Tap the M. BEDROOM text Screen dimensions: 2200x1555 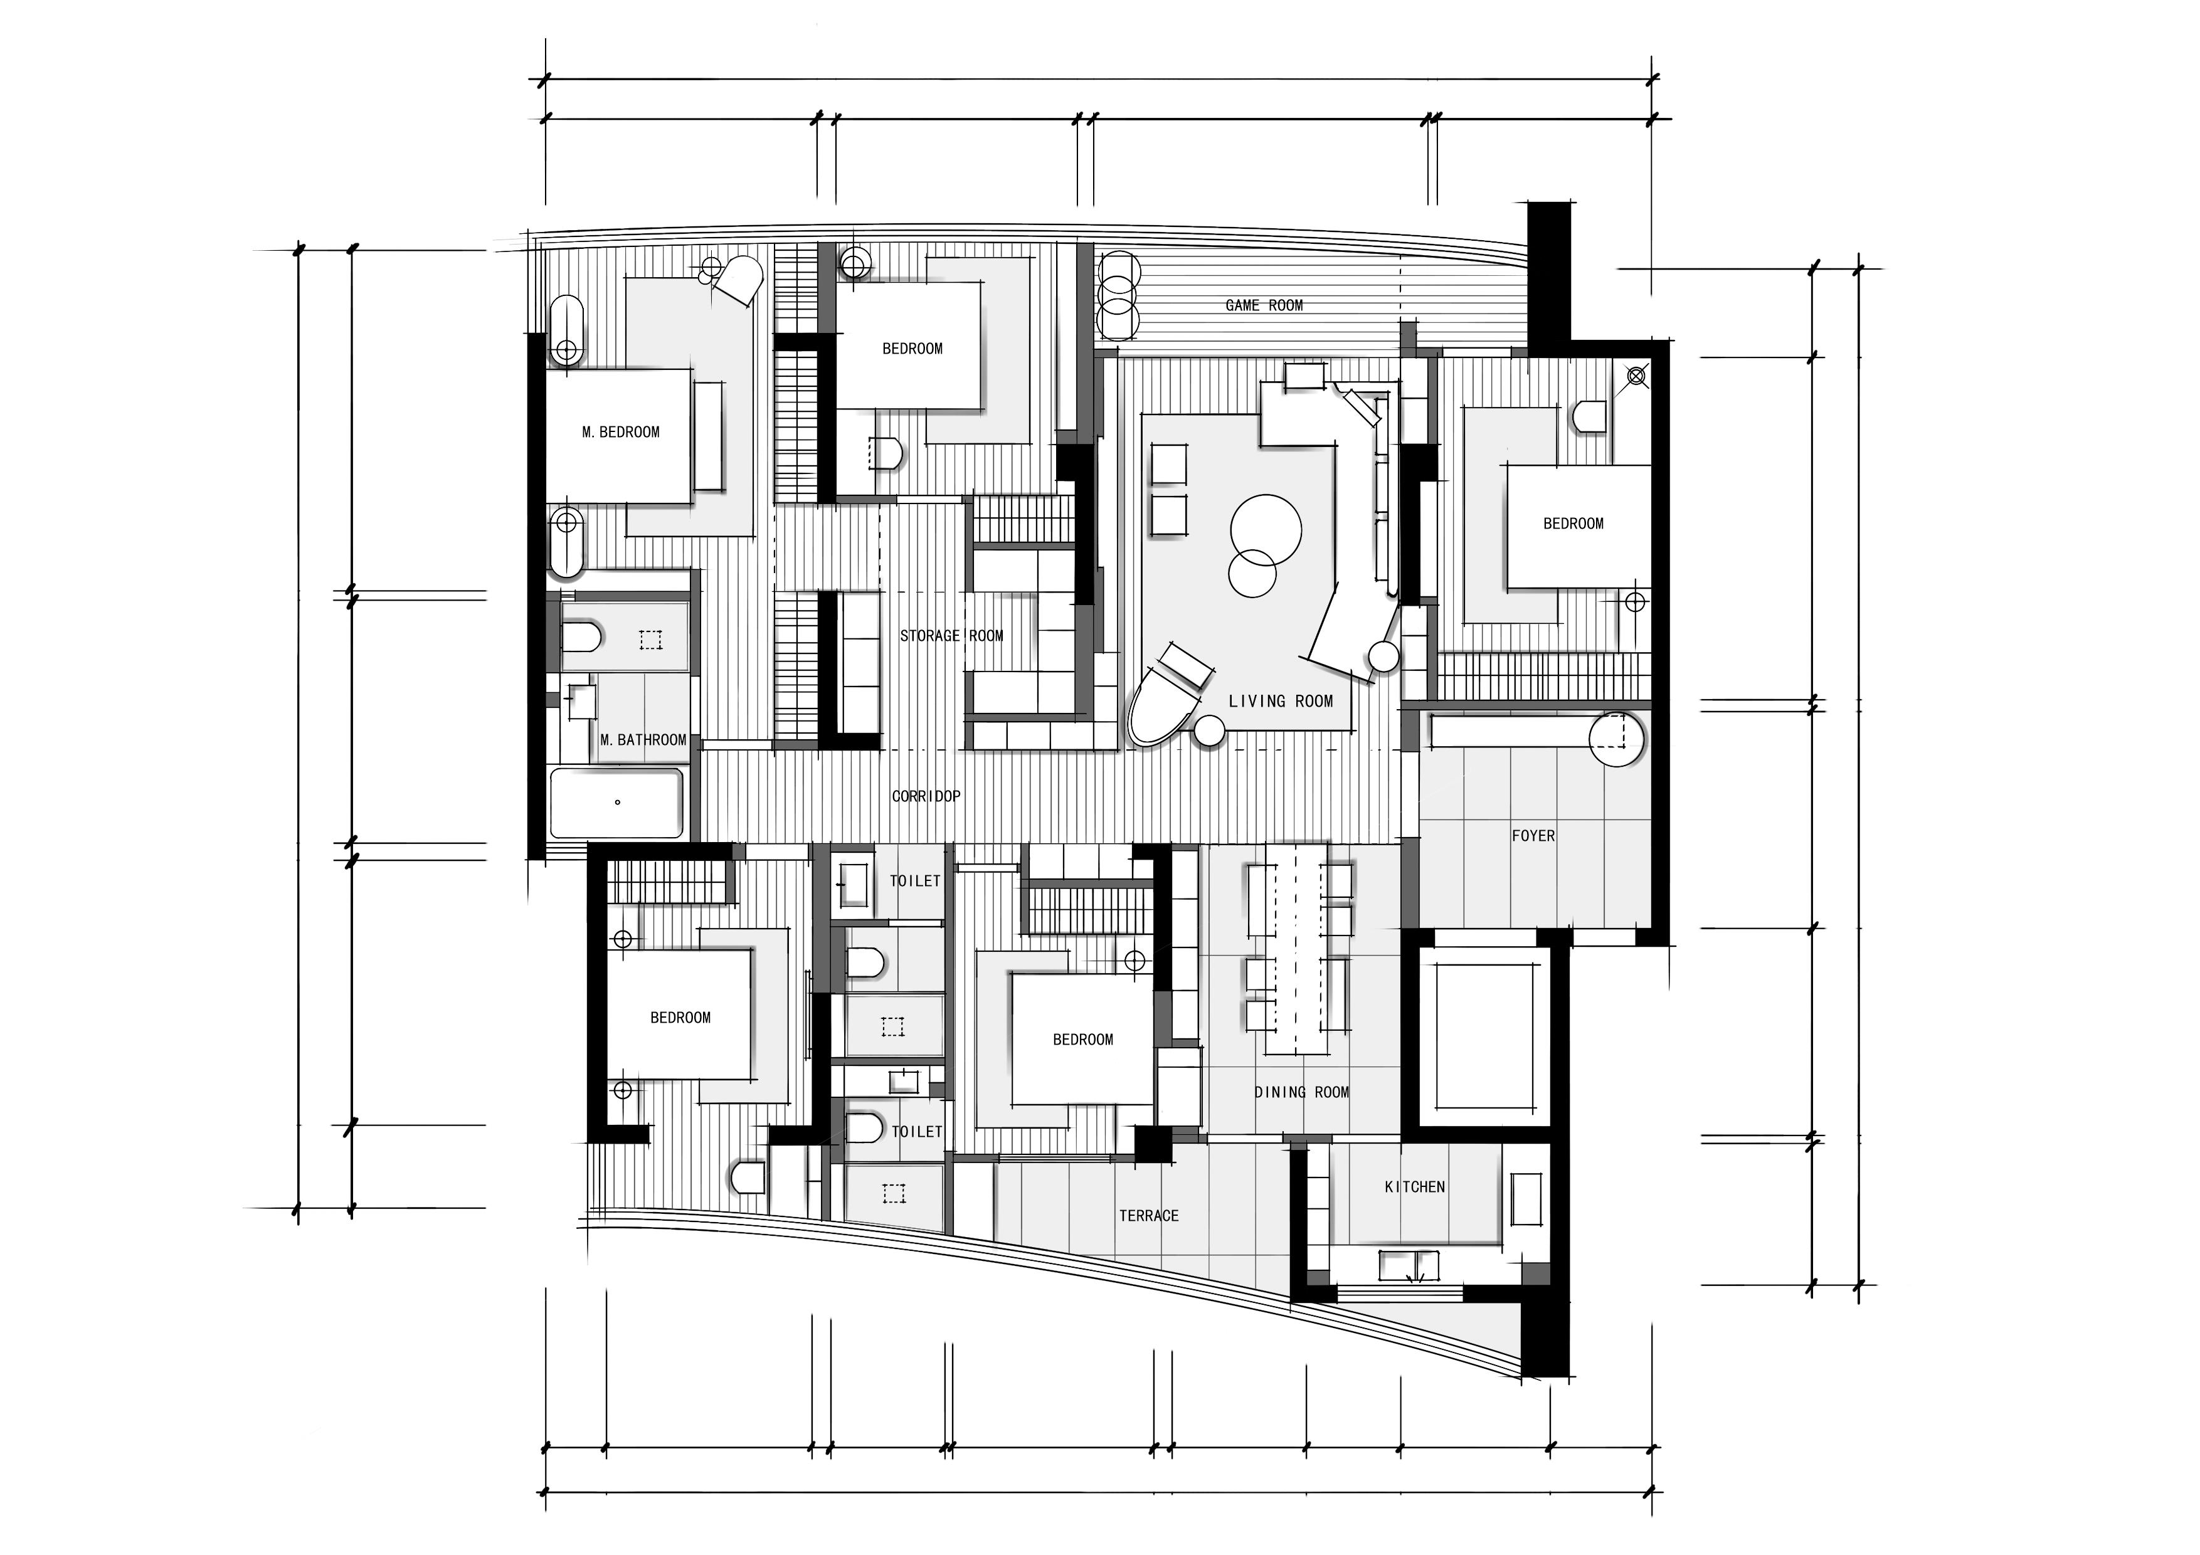621,432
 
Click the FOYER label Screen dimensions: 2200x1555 1533,835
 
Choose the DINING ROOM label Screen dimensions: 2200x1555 1301,1092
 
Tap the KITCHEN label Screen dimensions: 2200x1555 1414,1187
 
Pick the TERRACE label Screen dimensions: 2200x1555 1149,1216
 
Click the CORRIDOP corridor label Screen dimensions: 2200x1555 926,796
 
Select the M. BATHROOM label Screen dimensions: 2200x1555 643,740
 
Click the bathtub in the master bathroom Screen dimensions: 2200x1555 617,803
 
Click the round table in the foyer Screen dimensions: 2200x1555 1617,739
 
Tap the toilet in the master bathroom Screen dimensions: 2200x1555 581,637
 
